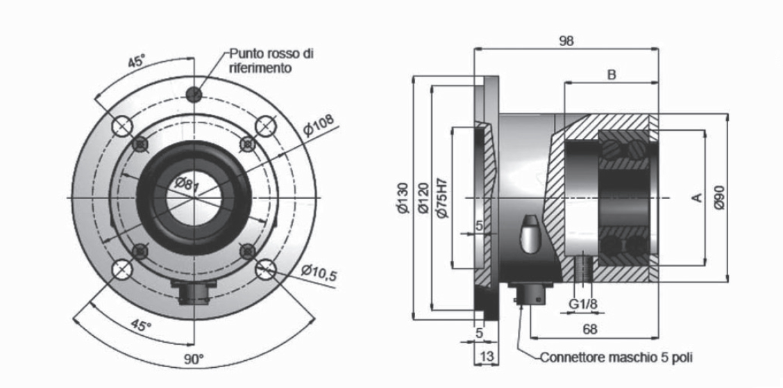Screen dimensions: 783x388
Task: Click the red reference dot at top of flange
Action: [194, 93]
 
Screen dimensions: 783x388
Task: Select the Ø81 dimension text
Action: [187, 185]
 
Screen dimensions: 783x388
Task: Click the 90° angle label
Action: [194, 359]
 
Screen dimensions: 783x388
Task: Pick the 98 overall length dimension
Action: [566, 41]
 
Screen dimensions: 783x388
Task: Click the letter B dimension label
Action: [612, 75]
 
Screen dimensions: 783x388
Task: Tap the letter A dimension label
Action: [697, 198]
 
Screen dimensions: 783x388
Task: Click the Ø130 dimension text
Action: [403, 199]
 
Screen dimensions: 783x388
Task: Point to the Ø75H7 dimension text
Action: [443, 198]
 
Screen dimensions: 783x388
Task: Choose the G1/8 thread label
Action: [582, 304]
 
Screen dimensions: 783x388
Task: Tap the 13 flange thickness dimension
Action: [486, 356]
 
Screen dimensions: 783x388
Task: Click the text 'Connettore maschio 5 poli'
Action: [616, 358]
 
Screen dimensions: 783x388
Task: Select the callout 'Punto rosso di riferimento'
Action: [271, 60]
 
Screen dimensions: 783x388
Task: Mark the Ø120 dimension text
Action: [423, 199]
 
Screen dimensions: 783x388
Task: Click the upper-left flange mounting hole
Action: [122, 126]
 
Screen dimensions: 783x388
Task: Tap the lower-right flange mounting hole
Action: [265, 270]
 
